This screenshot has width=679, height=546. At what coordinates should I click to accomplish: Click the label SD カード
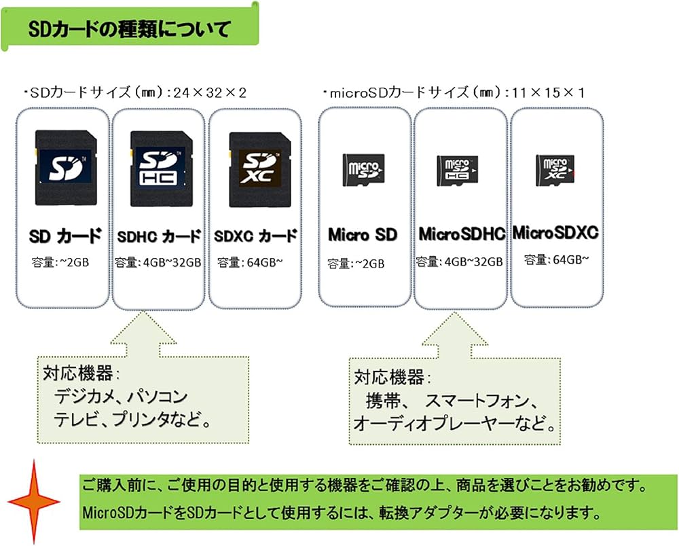tap(65, 236)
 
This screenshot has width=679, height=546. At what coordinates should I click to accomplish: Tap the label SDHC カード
tap(158, 236)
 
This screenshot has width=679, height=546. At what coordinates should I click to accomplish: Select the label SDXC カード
tap(255, 236)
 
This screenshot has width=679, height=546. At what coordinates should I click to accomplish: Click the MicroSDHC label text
tap(462, 234)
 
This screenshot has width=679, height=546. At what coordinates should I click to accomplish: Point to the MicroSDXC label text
tap(555, 233)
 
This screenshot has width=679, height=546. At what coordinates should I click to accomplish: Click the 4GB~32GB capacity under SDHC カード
tap(158, 262)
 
